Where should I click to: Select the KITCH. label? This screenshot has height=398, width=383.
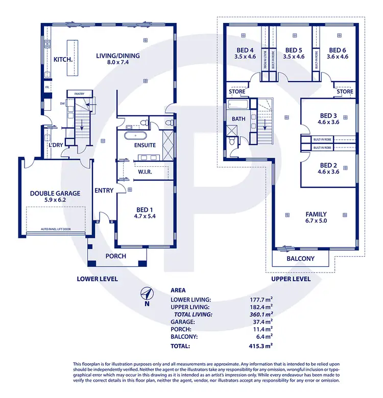[63, 60]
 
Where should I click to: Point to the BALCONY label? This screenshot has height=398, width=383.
[300, 259]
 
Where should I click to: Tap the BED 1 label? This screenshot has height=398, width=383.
[145, 210]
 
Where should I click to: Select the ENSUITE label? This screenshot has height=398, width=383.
[145, 145]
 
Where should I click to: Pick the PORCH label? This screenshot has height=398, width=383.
[115, 256]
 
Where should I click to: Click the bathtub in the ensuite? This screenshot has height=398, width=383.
[136, 136]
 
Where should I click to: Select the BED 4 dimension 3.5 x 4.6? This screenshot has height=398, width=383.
[245, 57]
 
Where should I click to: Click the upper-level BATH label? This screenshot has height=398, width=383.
[239, 119]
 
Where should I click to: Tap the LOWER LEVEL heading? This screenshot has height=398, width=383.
[97, 279]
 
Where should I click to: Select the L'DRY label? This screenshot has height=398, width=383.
[55, 145]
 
